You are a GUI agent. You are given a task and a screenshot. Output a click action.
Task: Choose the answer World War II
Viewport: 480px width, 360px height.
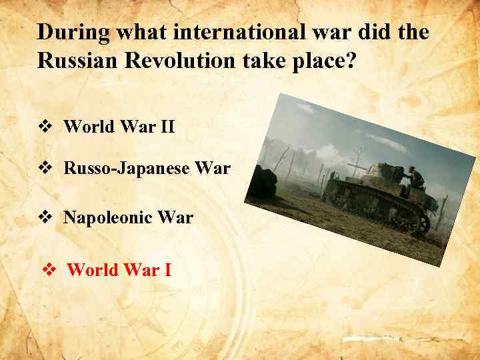[x=119, y=127]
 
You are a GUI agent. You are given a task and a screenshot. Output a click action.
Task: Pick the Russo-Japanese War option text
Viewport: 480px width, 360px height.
[x=147, y=169]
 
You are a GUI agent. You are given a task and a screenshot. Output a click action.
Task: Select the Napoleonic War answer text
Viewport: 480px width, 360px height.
[x=128, y=217]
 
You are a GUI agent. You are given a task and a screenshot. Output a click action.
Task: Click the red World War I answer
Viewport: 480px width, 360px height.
[x=119, y=270]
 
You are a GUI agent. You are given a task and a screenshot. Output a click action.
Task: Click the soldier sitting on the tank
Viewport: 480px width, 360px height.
[x=415, y=178]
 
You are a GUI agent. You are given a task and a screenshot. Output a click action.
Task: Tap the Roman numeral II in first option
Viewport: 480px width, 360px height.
[x=167, y=127]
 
